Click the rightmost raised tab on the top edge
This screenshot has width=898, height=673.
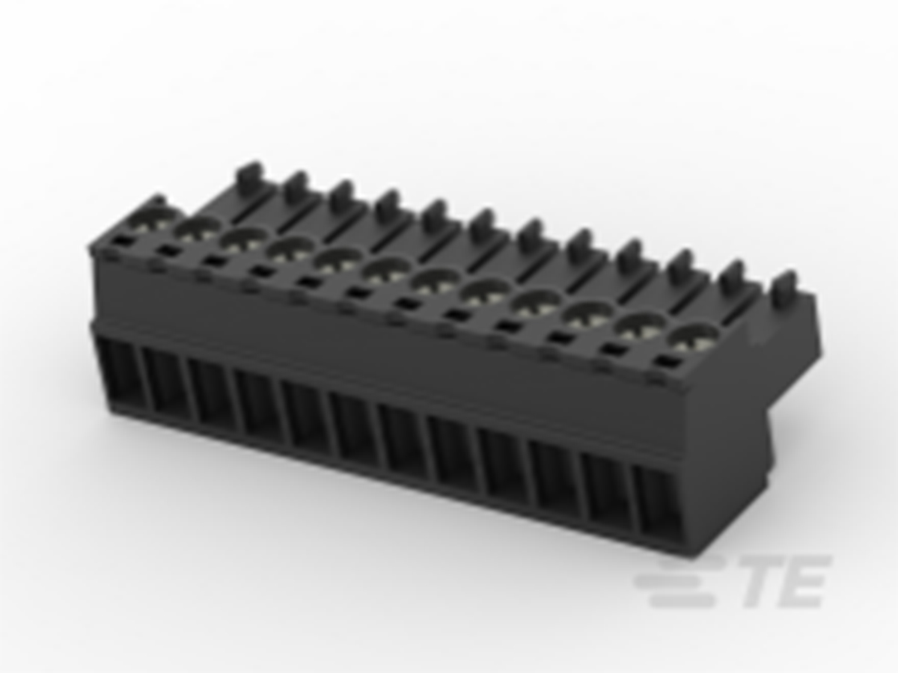[x=784, y=286]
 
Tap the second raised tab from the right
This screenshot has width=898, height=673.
[x=734, y=274]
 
